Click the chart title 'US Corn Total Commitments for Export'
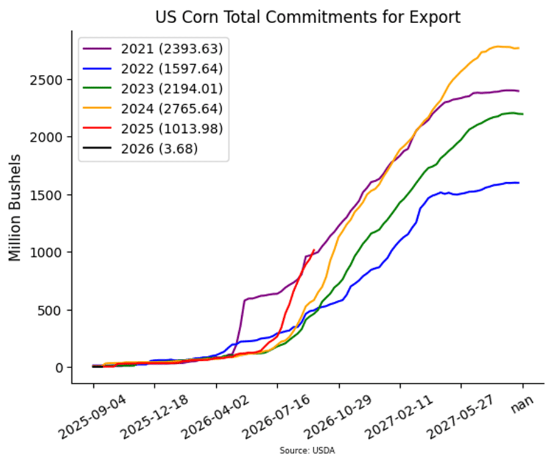coord(307,16)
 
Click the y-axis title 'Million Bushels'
coord(16,208)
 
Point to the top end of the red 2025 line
coord(314,250)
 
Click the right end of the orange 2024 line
coord(519,48)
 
